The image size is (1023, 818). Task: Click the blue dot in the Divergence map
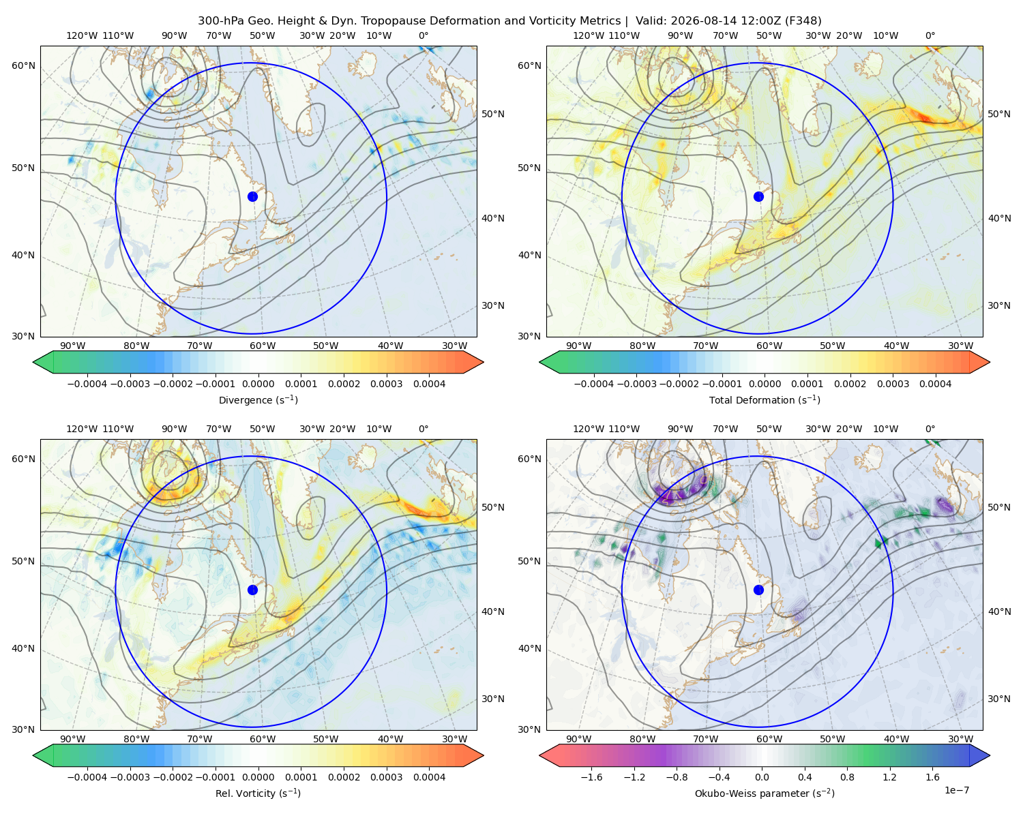[x=252, y=196]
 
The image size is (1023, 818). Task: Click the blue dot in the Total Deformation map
[x=758, y=196]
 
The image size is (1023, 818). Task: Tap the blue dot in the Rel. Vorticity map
[x=252, y=590]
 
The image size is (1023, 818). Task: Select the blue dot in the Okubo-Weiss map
[x=758, y=590]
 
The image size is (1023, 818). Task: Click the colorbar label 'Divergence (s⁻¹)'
[x=258, y=399]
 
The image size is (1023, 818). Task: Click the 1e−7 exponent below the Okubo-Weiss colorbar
[x=956, y=790]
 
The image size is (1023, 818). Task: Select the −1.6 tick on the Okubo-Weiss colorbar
[x=591, y=776]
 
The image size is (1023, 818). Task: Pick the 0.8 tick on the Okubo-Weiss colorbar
[x=847, y=776]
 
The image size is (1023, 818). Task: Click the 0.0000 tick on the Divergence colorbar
[x=258, y=384]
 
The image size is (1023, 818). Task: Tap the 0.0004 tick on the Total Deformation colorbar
[x=936, y=384]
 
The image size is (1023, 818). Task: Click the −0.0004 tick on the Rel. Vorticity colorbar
[x=87, y=776]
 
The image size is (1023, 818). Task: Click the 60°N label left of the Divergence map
[x=23, y=65]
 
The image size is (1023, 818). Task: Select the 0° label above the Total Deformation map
[x=930, y=35]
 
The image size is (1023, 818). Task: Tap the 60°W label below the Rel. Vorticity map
[x=263, y=739]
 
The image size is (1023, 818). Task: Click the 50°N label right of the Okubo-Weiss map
[x=998, y=506]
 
